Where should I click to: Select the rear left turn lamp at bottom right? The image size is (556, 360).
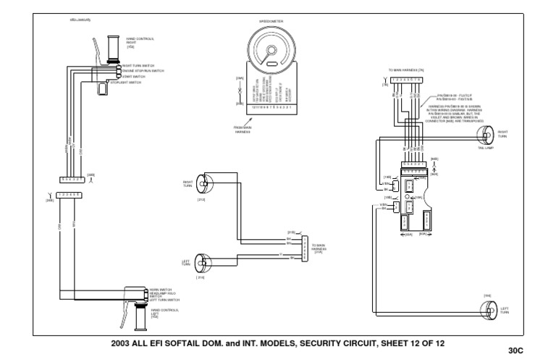pos(488,309)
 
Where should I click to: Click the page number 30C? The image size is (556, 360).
pos(515,351)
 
